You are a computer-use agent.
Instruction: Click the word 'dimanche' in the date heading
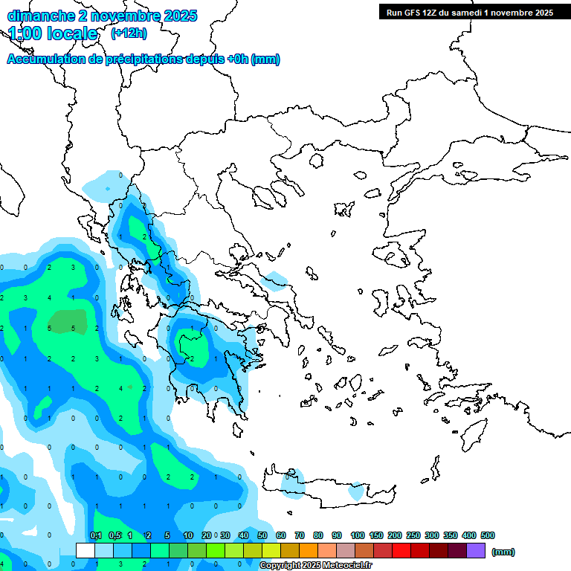(39, 16)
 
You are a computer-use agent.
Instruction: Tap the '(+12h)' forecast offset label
(129, 33)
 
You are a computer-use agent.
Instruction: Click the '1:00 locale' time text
(53, 33)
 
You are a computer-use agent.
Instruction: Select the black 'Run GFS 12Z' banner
(469, 12)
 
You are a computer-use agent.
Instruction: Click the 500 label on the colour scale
(488, 535)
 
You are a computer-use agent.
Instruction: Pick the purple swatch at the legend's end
(476, 550)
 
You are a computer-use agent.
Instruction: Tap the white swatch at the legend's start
(86, 550)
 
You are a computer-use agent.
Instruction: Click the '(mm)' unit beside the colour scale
(503, 552)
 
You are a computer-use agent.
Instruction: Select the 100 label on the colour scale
(358, 535)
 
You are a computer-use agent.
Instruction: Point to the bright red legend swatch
(401, 550)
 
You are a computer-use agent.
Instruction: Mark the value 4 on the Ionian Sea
(120, 388)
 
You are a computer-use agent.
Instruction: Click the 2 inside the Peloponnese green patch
(193, 358)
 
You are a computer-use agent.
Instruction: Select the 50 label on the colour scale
(262, 535)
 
